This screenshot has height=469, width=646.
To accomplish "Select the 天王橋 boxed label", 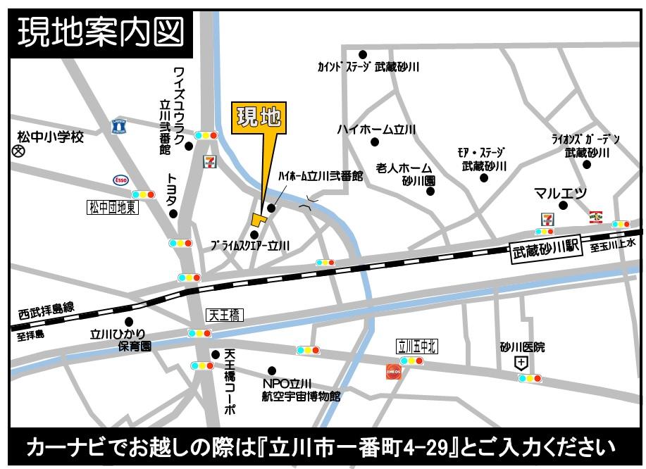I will tap(224, 315).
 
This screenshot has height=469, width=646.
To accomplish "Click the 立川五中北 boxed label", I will tap(417, 346).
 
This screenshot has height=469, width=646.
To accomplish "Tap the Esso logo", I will tap(121, 180).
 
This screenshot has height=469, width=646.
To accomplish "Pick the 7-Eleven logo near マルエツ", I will tap(547, 218).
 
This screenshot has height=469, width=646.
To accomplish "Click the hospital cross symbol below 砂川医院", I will tap(521, 363).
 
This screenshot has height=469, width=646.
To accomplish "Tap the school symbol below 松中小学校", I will tap(19, 151).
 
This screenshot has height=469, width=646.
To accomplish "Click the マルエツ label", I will tap(560, 192).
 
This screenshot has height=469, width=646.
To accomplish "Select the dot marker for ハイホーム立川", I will tap(375, 142).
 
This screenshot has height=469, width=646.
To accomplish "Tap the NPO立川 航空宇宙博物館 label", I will tap(301, 389).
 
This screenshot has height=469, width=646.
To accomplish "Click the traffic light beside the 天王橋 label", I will tap(199, 333).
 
